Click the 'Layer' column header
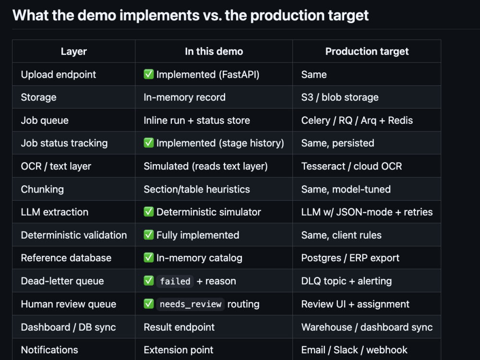click(74, 51)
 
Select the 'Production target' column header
click(367, 51)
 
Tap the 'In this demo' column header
click(214, 51)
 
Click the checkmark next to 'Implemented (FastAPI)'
click(149, 74)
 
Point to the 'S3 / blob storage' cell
click(340, 97)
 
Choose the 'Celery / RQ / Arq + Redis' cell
click(357, 120)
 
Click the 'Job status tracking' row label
click(64, 143)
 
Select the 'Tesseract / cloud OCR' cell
click(351, 166)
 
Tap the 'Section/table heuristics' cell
click(196, 189)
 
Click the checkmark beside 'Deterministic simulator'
click(149, 212)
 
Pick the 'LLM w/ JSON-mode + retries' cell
click(367, 212)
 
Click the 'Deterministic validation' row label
click(74, 235)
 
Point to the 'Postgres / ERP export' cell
click(350, 258)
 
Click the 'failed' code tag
click(175, 281)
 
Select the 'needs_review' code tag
click(191, 304)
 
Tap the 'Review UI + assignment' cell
click(355, 304)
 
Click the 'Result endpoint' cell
click(179, 327)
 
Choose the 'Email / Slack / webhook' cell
click(354, 350)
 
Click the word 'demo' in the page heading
click(96, 15)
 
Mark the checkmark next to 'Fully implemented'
click(149, 235)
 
